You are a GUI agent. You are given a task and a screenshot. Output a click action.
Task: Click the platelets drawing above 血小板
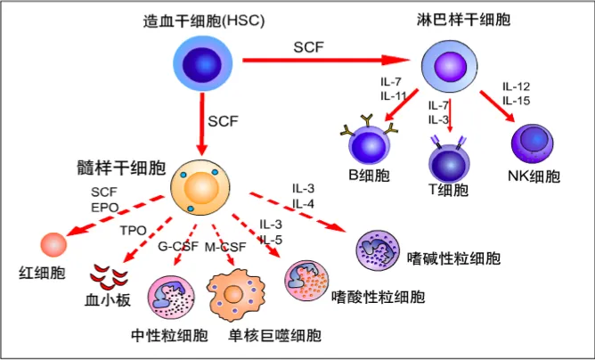112,275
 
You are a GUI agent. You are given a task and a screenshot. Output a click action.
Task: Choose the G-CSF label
175,246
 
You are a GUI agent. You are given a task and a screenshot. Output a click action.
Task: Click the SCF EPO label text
104,199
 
